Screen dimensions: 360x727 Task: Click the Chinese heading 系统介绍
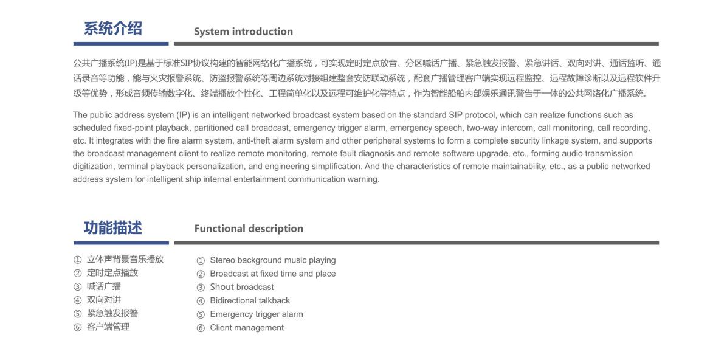113,29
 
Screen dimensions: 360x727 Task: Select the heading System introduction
243,32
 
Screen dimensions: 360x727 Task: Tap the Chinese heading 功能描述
113,228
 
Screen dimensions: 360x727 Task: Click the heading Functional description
249,229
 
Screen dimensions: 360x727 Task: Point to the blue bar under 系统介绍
121,44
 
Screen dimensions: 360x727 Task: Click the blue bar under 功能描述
121,243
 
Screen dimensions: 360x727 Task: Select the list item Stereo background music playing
272,260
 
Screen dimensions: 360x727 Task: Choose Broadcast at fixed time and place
272,274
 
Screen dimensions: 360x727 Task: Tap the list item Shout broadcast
242,287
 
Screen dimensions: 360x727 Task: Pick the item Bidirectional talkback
250,300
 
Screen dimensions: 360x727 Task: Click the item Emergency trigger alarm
256,314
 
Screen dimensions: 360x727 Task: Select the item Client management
247,328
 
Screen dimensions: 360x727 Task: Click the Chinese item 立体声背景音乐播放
125,259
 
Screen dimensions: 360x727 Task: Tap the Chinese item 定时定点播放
112,272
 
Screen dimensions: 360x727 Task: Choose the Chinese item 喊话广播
104,286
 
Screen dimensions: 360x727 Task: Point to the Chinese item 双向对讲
104,300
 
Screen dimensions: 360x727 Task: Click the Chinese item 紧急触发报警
112,313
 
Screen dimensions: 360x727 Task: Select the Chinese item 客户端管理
108,327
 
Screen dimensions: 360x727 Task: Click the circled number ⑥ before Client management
201,328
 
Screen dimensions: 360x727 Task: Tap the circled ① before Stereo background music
201,261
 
